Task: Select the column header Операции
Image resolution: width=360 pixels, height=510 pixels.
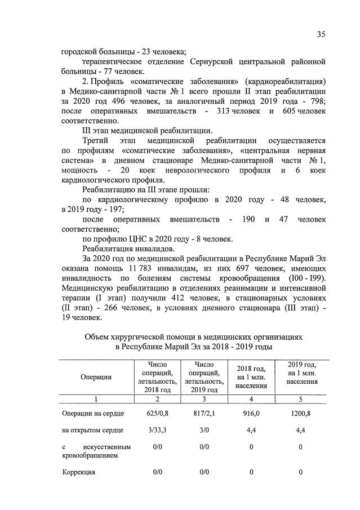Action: pos(96,377)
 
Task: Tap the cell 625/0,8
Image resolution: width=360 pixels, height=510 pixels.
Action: pos(157,414)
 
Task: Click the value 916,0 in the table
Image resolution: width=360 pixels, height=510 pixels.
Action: pos(251,414)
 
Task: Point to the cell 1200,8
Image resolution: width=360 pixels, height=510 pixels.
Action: pos(300,414)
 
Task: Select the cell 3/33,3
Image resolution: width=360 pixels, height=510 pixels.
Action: pos(157,431)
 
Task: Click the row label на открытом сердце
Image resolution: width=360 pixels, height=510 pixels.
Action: pos(93,431)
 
